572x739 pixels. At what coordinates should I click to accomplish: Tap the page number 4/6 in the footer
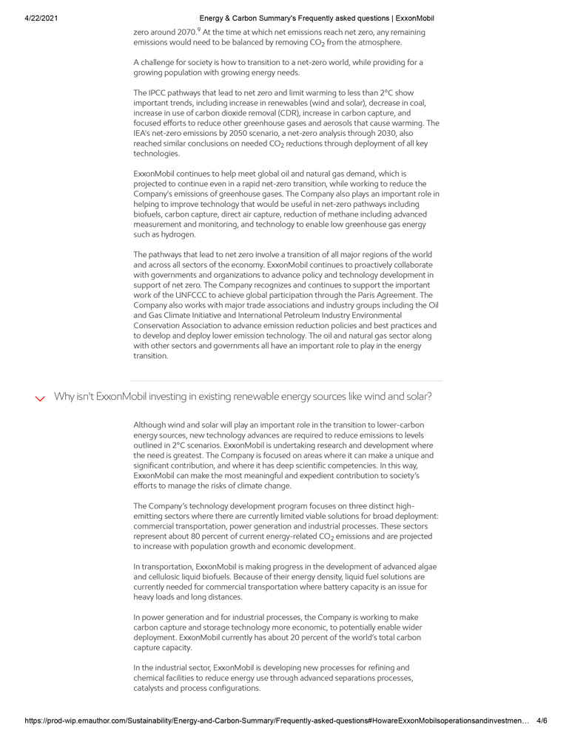[542, 721]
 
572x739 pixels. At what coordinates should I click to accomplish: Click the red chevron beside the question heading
[40, 398]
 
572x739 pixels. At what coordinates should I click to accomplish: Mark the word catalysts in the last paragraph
[151, 688]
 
